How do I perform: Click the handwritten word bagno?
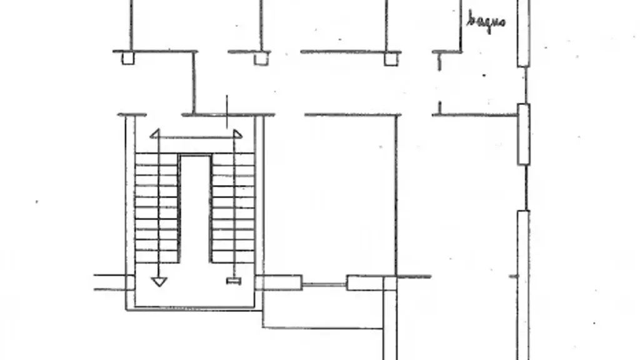pyautogui.click(x=486, y=21)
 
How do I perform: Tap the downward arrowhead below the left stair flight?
pyautogui.click(x=159, y=282)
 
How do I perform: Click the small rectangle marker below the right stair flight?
pyautogui.click(x=234, y=281)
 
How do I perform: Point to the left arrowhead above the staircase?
pyautogui.click(x=155, y=134)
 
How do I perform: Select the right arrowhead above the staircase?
pyautogui.click(x=237, y=134)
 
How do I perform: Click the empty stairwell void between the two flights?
pyautogui.click(x=195, y=208)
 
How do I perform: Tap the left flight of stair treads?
pyautogui.click(x=157, y=207)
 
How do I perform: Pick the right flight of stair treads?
pyautogui.click(x=233, y=207)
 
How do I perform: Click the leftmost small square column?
pyautogui.click(x=127, y=58)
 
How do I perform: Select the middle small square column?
pyautogui.click(x=261, y=59)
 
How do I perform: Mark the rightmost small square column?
pyautogui.click(x=391, y=59)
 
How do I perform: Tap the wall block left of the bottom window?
pyautogui.click(x=279, y=283)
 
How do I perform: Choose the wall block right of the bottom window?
pyautogui.click(x=366, y=283)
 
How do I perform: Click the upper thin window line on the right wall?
pyautogui.click(x=526, y=85)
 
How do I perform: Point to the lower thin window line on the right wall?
pyautogui.click(x=526, y=187)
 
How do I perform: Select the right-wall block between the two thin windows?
pyautogui.click(x=524, y=134)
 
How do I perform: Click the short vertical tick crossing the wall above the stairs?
pyautogui.click(x=227, y=112)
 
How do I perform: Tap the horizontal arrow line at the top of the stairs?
pyautogui.click(x=196, y=137)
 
